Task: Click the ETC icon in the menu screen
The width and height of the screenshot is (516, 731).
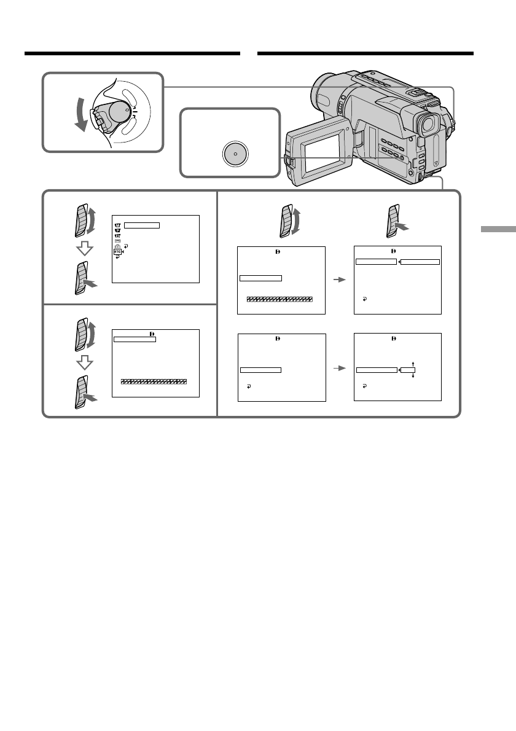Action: pos(117,251)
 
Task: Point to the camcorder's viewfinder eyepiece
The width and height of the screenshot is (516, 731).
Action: pos(429,125)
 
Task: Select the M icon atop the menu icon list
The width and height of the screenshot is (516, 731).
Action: pos(117,225)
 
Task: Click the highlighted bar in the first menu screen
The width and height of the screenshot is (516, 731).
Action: pos(140,225)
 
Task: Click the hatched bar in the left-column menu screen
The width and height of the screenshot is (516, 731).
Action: pos(154,381)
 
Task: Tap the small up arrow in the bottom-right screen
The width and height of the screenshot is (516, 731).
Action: pos(413,364)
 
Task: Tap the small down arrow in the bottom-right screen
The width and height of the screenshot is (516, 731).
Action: pos(413,376)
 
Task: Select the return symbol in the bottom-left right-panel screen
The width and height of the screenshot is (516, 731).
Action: pos(248,387)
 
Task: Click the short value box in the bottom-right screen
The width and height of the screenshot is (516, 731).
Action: pos(408,370)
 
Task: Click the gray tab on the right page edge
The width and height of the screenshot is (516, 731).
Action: pos(498,230)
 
